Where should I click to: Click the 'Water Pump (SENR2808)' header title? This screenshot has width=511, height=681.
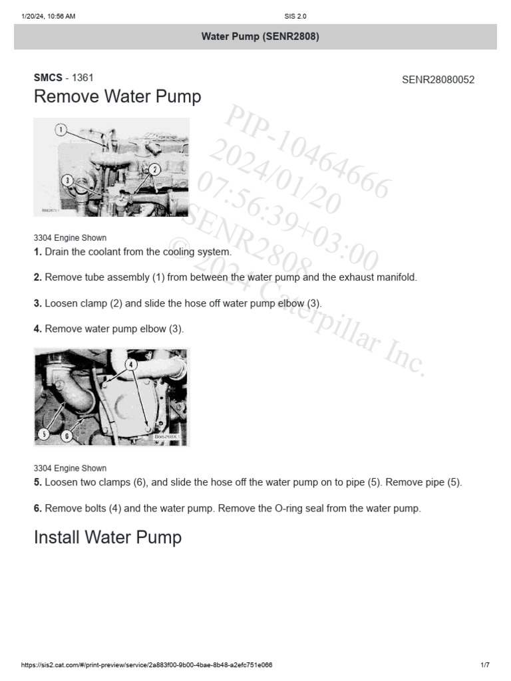(x=260, y=37)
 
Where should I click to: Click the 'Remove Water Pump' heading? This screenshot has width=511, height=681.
(x=117, y=97)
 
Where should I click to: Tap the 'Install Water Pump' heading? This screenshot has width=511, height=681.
(x=107, y=537)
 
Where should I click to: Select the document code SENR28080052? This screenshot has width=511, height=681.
(x=438, y=80)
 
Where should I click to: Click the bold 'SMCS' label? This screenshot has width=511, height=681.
(x=47, y=78)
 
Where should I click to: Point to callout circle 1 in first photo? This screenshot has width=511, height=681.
(x=61, y=130)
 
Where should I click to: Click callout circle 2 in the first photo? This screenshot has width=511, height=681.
(x=154, y=169)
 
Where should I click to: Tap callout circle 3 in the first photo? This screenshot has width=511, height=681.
(x=67, y=180)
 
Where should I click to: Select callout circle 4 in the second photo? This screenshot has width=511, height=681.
(x=131, y=364)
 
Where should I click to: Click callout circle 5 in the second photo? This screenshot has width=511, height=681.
(x=44, y=434)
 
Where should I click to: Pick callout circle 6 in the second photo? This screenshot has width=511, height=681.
(x=66, y=436)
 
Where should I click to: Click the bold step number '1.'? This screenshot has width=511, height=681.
(x=38, y=252)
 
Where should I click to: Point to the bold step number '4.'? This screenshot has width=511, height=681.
(x=38, y=329)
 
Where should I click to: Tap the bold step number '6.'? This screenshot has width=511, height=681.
(x=38, y=508)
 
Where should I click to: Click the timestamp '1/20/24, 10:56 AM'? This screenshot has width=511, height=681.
(x=49, y=17)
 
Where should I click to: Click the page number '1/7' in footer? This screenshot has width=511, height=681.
(x=484, y=665)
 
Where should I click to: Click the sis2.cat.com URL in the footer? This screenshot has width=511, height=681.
(x=146, y=665)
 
